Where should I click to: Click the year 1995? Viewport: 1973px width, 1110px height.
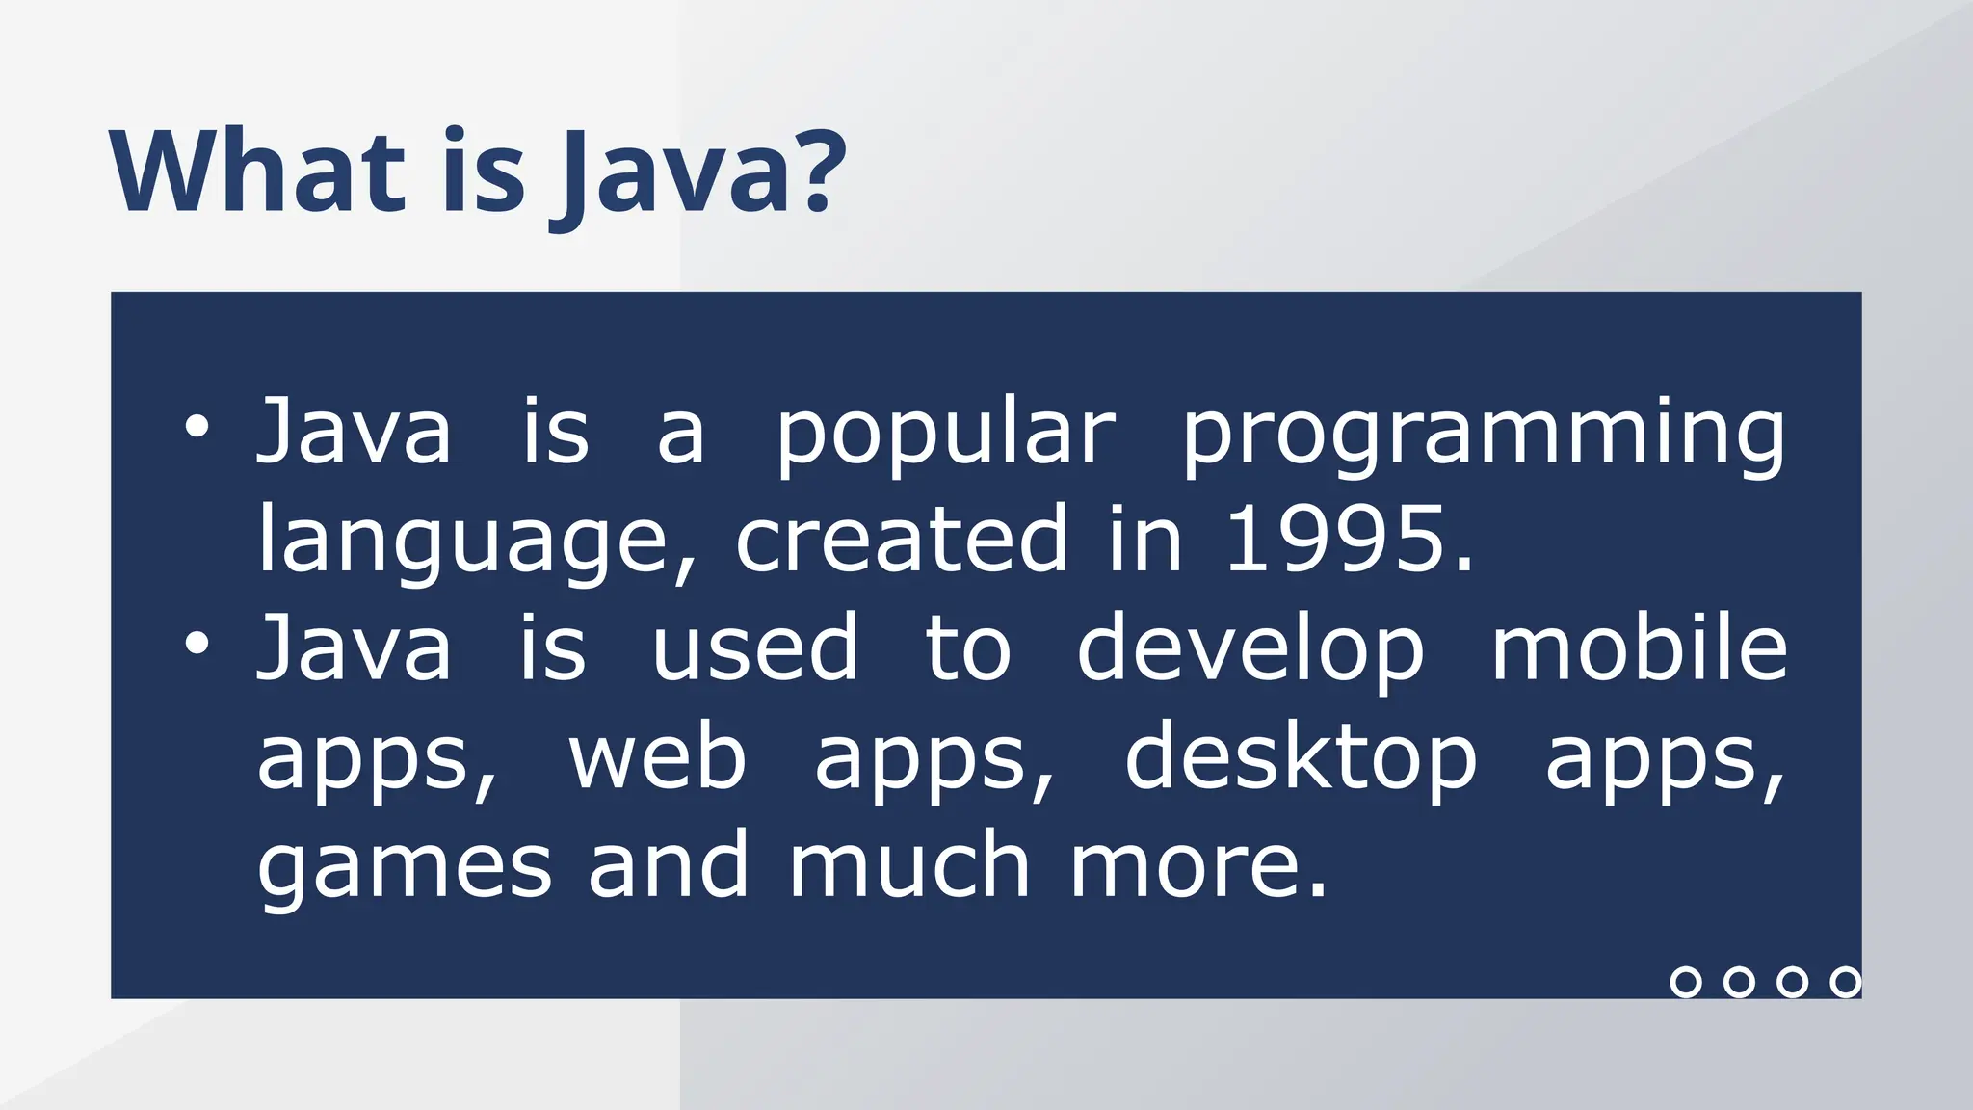click(1336, 540)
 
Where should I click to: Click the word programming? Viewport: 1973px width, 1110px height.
click(1484, 434)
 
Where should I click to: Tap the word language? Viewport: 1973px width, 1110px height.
click(462, 542)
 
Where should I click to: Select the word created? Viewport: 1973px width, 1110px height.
click(902, 540)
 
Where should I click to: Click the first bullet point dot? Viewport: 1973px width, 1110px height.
click(197, 427)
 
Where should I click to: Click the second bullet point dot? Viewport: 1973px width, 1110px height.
click(197, 644)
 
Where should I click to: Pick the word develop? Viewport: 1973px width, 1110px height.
click(1250, 649)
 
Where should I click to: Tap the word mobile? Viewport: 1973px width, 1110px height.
click(1639, 647)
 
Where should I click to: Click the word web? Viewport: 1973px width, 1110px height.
click(657, 757)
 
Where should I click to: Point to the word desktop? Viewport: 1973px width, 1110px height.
click(1301, 757)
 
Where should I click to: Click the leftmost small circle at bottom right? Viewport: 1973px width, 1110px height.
click(1685, 982)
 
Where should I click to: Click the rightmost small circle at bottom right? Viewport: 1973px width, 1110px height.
click(1845, 982)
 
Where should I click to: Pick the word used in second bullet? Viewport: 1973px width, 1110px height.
click(754, 647)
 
